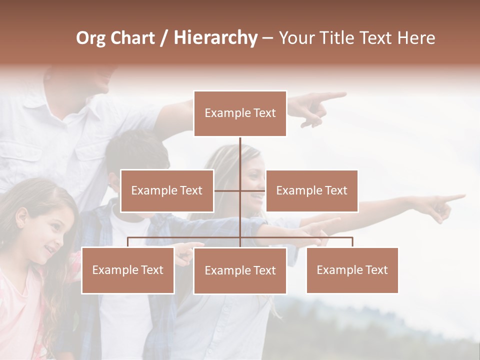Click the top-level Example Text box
tap(240, 113)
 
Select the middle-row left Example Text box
tap(167, 190)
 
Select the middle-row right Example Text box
tap(311, 190)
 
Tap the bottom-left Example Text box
tap(128, 270)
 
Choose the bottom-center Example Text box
tap(240, 270)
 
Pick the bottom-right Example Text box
tap(352, 270)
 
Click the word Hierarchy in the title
tap(215, 38)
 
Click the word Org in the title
tap(90, 38)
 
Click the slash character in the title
tap(164, 38)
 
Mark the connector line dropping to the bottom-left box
tap(128, 242)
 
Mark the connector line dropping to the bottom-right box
tap(352, 242)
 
